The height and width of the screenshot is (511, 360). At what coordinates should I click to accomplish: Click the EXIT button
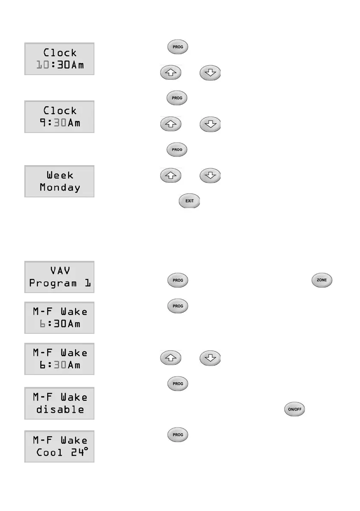click(x=189, y=201)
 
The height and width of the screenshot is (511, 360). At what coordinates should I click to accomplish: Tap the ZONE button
click(x=321, y=280)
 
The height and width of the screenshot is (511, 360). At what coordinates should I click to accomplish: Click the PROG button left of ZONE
click(x=178, y=280)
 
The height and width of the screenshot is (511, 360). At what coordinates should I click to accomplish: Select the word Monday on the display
click(x=60, y=187)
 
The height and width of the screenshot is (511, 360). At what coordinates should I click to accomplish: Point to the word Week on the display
click(x=60, y=175)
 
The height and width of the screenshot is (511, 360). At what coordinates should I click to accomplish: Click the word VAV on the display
click(x=60, y=271)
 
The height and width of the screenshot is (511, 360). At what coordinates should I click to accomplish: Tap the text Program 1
click(x=60, y=284)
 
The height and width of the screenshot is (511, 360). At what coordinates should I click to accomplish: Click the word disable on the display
click(x=60, y=409)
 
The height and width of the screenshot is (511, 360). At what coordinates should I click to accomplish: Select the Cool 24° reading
click(x=60, y=452)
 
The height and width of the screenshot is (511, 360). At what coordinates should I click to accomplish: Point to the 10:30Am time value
click(x=60, y=65)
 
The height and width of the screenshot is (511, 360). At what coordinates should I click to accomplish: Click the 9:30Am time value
click(x=60, y=123)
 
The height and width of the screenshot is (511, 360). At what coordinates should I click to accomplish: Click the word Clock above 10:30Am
click(x=60, y=53)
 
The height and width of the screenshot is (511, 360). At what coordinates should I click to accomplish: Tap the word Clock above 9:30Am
click(x=60, y=111)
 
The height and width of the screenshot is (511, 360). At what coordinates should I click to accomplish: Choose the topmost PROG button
click(x=178, y=47)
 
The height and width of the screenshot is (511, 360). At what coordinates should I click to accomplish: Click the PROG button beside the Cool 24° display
click(x=178, y=435)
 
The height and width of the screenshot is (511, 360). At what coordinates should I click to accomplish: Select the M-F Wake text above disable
click(x=60, y=397)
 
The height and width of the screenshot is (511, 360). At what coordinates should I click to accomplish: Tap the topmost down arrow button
click(x=210, y=73)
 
